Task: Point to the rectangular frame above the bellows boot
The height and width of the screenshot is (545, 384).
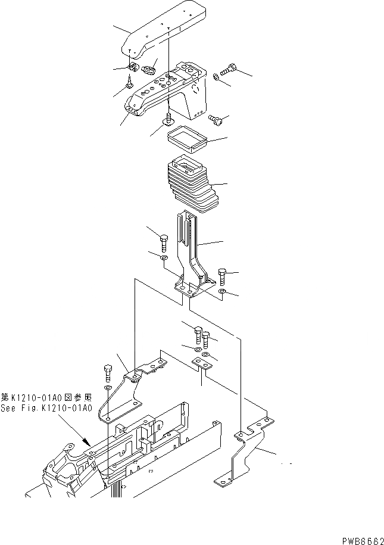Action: [x=187, y=139]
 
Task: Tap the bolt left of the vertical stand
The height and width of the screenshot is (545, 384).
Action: [x=164, y=241]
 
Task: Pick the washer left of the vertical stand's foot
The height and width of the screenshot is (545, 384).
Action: [x=164, y=258]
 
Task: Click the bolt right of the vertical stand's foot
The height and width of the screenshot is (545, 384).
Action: [x=223, y=276]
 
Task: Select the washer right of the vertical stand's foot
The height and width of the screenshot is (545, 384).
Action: [x=222, y=292]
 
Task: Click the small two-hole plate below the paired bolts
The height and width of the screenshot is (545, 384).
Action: [x=201, y=363]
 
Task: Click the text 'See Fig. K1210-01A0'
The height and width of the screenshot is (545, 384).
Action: [x=46, y=408]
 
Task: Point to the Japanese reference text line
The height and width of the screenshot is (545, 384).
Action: [x=46, y=397]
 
